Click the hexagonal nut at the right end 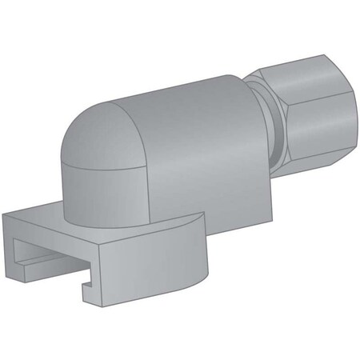pyautogui.click(x=308, y=112)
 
